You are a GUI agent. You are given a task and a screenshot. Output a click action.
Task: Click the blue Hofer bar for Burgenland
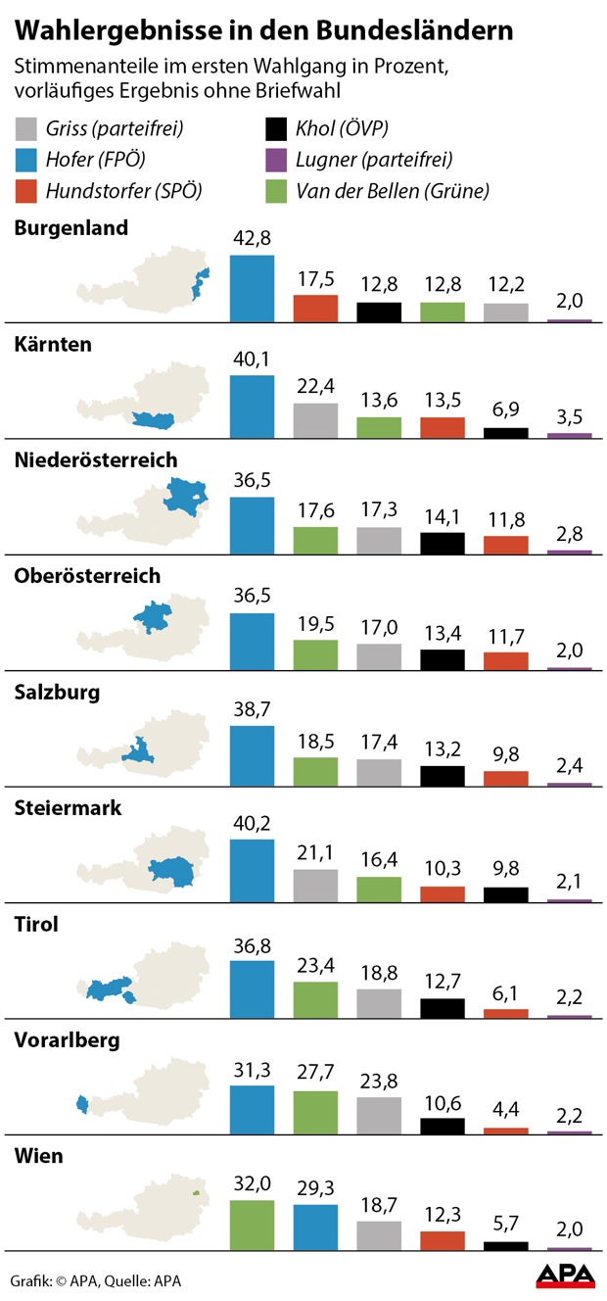(252, 288)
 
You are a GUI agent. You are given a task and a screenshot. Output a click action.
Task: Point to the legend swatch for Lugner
(277, 159)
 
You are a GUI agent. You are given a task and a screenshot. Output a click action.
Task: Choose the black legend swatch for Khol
(277, 128)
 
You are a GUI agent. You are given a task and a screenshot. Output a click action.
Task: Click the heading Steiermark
(68, 808)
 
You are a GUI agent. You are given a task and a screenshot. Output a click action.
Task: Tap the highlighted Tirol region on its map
(109, 988)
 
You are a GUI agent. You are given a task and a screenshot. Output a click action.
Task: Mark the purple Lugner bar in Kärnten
(569, 435)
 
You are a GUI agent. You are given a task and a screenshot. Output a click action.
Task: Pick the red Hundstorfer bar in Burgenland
(315, 308)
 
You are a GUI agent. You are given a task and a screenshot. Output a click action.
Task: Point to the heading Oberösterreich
(87, 576)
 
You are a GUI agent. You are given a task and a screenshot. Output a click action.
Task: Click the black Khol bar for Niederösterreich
(443, 543)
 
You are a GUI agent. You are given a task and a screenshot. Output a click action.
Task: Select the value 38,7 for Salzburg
(252, 704)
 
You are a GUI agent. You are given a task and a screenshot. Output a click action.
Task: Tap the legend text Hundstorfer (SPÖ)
(123, 190)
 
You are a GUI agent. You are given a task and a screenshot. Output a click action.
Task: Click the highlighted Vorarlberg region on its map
(81, 1105)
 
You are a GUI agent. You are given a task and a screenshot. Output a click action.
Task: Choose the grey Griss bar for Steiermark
(315, 885)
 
